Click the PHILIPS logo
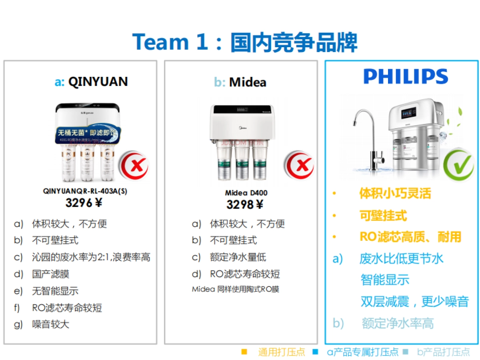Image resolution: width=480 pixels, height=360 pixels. coord(406,76)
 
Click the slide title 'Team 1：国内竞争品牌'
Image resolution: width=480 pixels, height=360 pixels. coord(244,42)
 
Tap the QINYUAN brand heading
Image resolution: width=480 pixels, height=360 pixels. coord(91,82)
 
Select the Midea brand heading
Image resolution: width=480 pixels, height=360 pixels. coord(240,82)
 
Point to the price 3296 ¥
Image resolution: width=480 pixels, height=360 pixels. coord(84,203)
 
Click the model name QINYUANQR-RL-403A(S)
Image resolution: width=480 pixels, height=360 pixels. coord(85,192)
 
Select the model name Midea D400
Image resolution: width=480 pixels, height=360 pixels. coord(246,193)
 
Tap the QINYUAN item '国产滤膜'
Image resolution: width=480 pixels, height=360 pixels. coord(51,274)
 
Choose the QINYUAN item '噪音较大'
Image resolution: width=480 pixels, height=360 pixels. coord(51,324)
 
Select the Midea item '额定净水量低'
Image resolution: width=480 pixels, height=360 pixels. coord(238,257)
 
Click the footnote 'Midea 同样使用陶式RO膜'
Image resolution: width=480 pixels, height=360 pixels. coord(236,289)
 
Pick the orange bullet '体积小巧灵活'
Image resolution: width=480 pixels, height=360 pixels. coord(395,194)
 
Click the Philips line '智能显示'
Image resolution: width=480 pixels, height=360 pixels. coord(385,280)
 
